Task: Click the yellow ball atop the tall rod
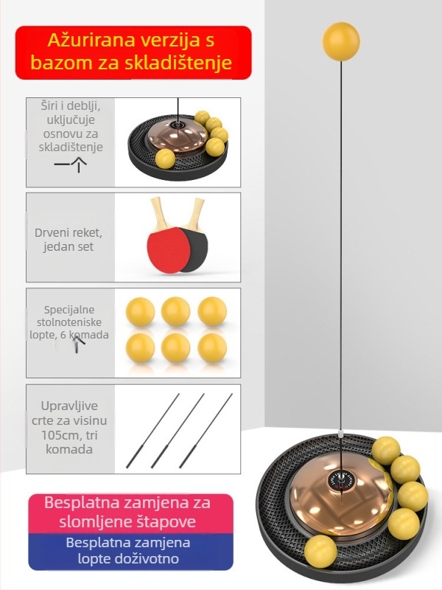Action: (x=341, y=41)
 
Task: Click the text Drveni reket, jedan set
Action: (x=69, y=240)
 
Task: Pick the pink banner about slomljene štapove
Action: (x=131, y=513)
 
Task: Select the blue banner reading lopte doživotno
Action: (x=131, y=552)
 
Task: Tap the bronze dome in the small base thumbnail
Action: (x=177, y=139)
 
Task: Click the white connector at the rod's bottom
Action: (x=340, y=434)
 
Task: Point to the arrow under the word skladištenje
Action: (x=71, y=164)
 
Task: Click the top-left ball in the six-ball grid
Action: (x=140, y=311)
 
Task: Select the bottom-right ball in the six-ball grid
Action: (x=212, y=348)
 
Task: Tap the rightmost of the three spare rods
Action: (x=206, y=431)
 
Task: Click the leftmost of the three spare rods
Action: (x=152, y=431)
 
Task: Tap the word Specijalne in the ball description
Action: (x=69, y=310)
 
